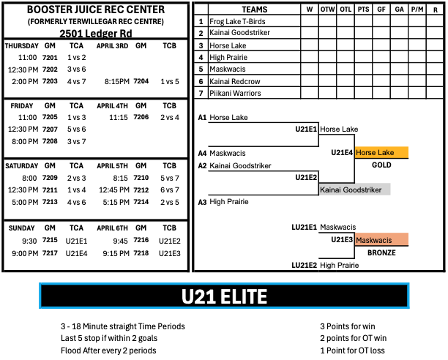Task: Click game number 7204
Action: pos(141,81)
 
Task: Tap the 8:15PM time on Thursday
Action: pos(117,82)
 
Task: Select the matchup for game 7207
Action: pos(77,130)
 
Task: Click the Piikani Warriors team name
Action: pos(235,94)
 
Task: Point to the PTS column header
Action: pos(363,10)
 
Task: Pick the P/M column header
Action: pos(417,10)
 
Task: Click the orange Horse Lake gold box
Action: pos(381,153)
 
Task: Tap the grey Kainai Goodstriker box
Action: pos(354,190)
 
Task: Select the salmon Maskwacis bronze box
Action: pos(381,240)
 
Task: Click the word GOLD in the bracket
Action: pos(381,165)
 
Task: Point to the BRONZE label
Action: pos(381,253)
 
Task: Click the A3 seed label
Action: pos(202,202)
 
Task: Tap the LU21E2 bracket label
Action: pos(304,266)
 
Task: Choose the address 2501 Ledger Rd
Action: pos(96,34)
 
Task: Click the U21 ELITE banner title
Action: pos(224,296)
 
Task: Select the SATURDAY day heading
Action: pos(22,166)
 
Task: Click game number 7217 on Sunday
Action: pos(50,253)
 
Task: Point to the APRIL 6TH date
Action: pos(112,228)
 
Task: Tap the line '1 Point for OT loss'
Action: pos(352,350)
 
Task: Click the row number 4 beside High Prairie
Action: pos(201,57)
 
